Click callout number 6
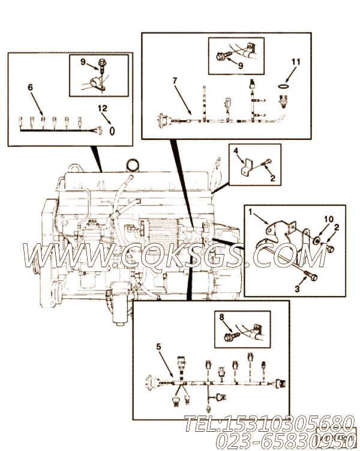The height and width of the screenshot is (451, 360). [30, 88]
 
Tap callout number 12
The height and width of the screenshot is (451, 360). [103, 108]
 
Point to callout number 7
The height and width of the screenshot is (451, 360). [175, 80]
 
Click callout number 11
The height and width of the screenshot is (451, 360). [295, 62]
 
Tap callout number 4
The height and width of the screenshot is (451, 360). [236, 151]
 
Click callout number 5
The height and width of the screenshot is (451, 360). [158, 347]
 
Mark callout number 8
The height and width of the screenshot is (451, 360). [221, 318]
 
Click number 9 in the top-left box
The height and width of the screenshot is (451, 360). [85, 61]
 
